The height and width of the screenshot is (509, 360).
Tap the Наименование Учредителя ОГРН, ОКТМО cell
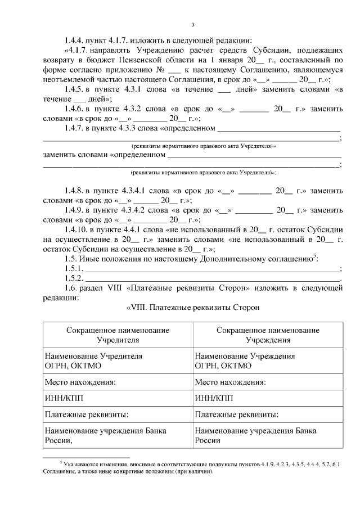click(x=118, y=361)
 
